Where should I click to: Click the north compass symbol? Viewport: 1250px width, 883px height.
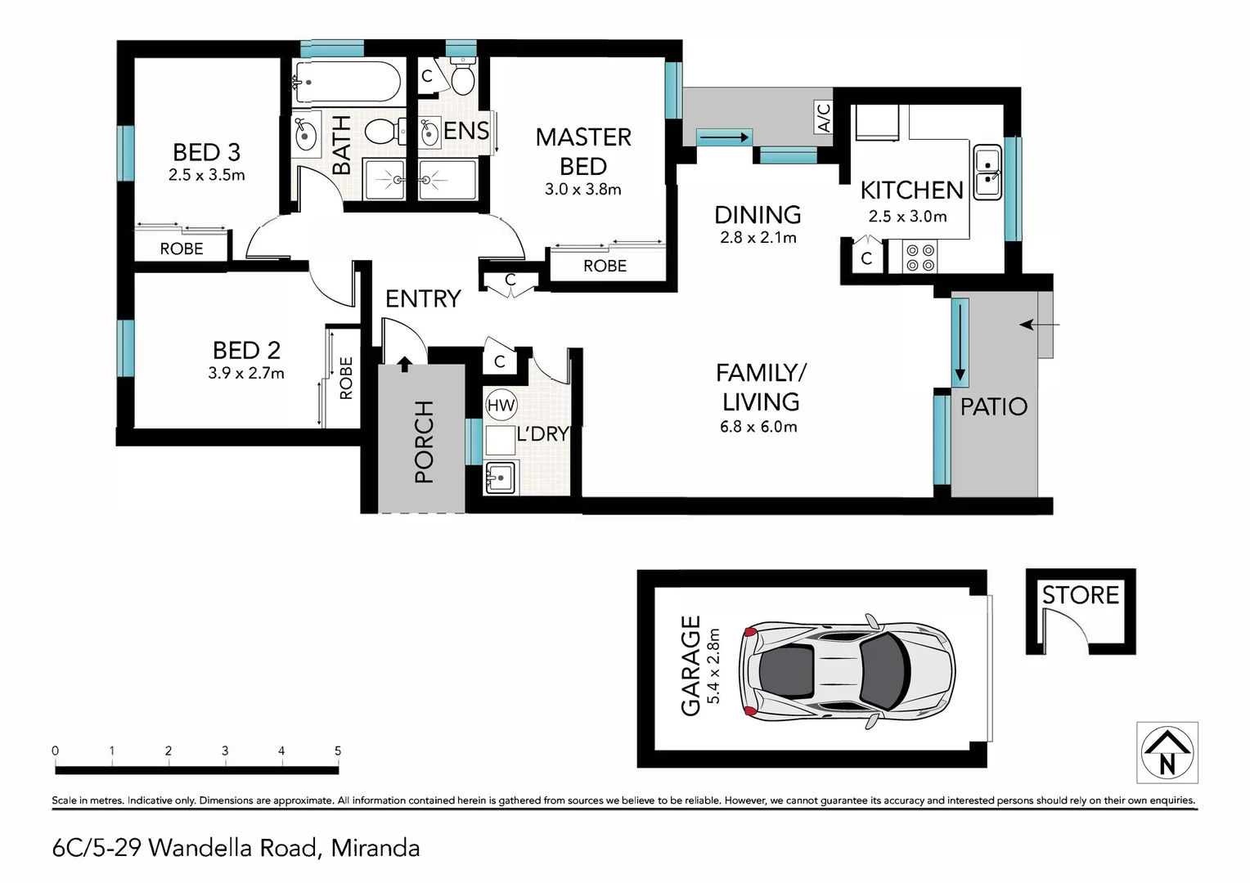[x=1167, y=752]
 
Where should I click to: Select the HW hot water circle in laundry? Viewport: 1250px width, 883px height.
[x=501, y=405]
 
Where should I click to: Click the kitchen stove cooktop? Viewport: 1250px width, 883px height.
[x=920, y=258]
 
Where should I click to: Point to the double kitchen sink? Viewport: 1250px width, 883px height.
[x=987, y=173]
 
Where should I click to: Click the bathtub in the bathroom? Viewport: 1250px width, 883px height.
[x=347, y=82]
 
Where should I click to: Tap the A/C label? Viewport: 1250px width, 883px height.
[x=824, y=117]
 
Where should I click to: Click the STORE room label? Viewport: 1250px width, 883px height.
[x=1081, y=595]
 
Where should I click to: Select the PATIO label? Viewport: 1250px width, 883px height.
[x=994, y=406]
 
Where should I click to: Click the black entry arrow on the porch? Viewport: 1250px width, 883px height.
[x=405, y=365]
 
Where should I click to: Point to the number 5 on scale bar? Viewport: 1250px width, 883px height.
[x=338, y=751]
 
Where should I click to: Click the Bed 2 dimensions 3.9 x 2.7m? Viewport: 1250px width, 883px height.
[x=246, y=373]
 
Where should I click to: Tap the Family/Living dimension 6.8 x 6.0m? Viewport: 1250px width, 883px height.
[x=758, y=428]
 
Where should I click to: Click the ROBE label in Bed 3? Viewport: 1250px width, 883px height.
[x=182, y=249]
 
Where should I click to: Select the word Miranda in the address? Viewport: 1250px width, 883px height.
[x=375, y=849]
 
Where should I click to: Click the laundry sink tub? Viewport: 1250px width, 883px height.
[x=501, y=477]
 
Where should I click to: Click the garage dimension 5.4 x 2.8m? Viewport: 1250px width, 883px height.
[x=713, y=666]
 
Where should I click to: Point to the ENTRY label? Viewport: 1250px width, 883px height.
[x=423, y=299]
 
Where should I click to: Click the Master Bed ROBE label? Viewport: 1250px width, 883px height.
[x=605, y=266]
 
